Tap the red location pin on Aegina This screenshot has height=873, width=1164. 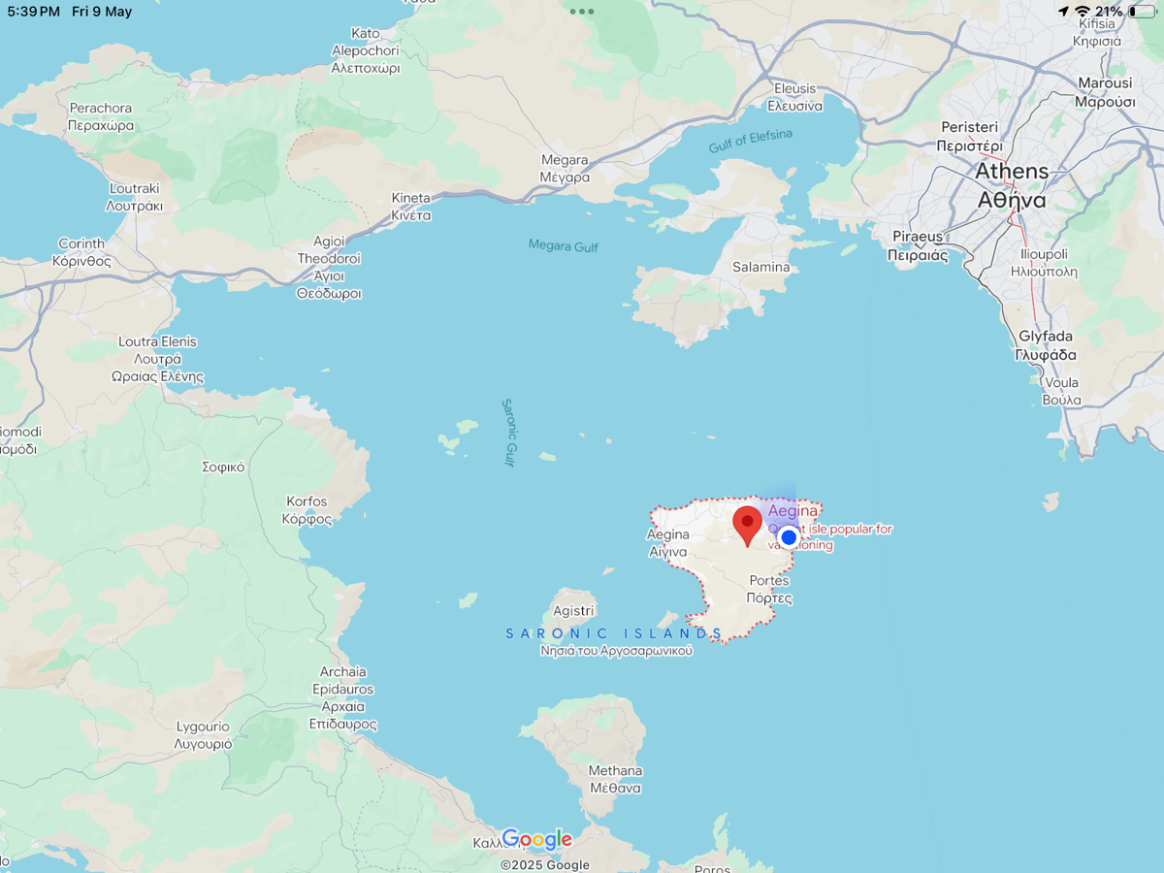[747, 524]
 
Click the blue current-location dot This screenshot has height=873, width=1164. [789, 537]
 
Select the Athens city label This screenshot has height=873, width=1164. [1012, 185]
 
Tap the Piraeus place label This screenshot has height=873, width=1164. [918, 245]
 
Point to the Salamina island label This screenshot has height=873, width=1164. [760, 267]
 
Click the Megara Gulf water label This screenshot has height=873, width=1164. [563, 246]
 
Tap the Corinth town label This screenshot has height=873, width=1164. [81, 252]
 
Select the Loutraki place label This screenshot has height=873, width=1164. [135, 197]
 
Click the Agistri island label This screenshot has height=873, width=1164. [572, 611]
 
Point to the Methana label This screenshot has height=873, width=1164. [615, 779]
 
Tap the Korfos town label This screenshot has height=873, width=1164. [307, 510]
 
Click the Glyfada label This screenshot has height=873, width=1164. [1046, 345]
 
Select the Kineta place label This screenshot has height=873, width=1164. [411, 207]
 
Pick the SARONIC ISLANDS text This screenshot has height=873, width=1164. [614, 633]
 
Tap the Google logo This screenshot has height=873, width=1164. [536, 839]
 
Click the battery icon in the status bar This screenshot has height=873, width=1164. [1143, 12]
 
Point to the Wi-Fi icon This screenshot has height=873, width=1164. [1083, 12]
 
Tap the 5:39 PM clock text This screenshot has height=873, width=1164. [33, 12]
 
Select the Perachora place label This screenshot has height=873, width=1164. [101, 116]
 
